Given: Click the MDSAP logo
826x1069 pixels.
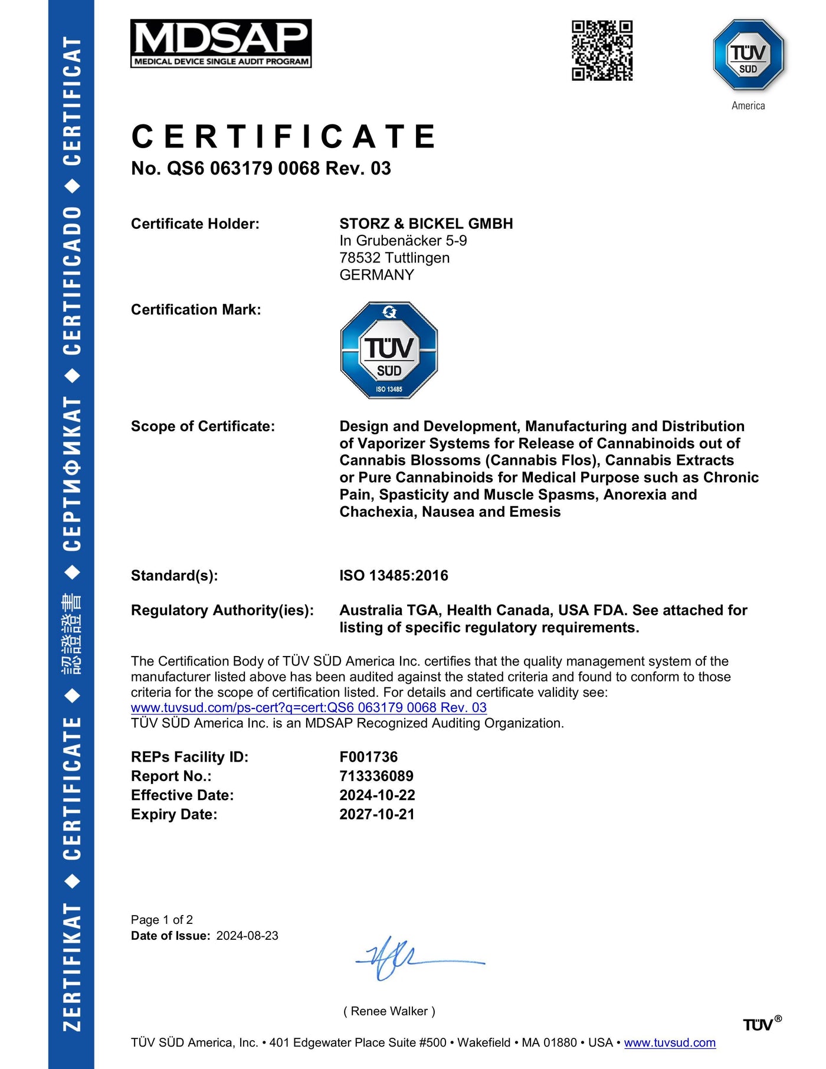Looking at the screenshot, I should point(221,44).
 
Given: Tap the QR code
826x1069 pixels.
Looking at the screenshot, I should point(602,50).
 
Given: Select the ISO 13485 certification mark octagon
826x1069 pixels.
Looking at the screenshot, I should point(389,350).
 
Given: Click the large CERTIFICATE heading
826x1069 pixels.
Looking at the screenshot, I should point(284,137).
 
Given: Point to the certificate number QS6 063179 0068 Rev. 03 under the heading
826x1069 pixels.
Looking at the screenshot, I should point(261,169).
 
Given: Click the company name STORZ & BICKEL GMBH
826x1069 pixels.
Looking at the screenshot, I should point(426,224).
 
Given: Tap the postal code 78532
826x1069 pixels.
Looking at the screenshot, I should point(360,258).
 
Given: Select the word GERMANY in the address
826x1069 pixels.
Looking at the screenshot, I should point(376,275).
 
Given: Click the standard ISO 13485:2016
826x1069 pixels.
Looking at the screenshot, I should point(394,575).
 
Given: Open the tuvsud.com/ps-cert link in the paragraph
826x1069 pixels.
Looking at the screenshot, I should point(309,707).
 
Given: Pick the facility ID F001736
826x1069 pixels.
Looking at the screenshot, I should point(368,757).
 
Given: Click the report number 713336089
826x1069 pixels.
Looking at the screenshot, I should point(376,776).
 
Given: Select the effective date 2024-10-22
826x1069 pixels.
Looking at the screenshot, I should point(377,795).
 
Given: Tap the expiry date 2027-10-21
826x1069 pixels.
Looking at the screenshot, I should point(377,814).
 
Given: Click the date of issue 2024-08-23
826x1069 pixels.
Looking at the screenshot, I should point(247,936).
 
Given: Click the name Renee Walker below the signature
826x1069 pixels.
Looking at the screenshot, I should point(389,1011).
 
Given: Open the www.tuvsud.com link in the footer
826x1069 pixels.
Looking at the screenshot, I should point(670,1042).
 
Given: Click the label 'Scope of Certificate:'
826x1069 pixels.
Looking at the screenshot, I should point(203,427).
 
